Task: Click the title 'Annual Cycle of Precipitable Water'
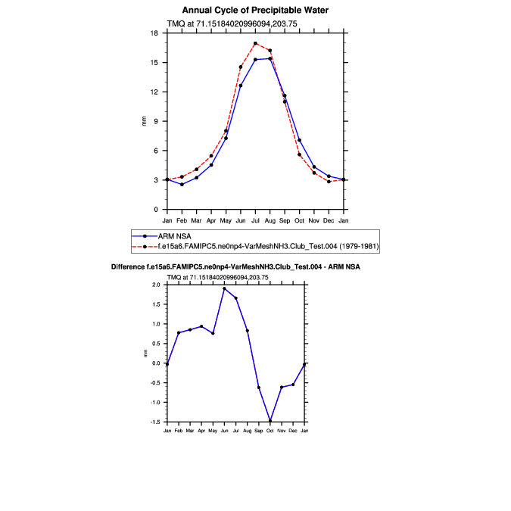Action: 255,10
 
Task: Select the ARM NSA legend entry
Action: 182,236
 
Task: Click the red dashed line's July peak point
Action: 255,43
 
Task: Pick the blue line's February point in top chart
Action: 182,185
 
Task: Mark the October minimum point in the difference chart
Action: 270,422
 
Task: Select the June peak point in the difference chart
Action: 224,288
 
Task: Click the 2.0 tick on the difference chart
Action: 157,285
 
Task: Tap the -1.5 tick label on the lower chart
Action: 156,422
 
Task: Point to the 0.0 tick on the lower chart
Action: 157,363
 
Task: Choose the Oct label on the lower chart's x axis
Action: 270,431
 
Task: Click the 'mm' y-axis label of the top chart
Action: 145,121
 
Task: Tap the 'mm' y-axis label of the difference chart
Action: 145,354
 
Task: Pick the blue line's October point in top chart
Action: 299,140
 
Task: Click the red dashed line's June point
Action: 241,67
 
